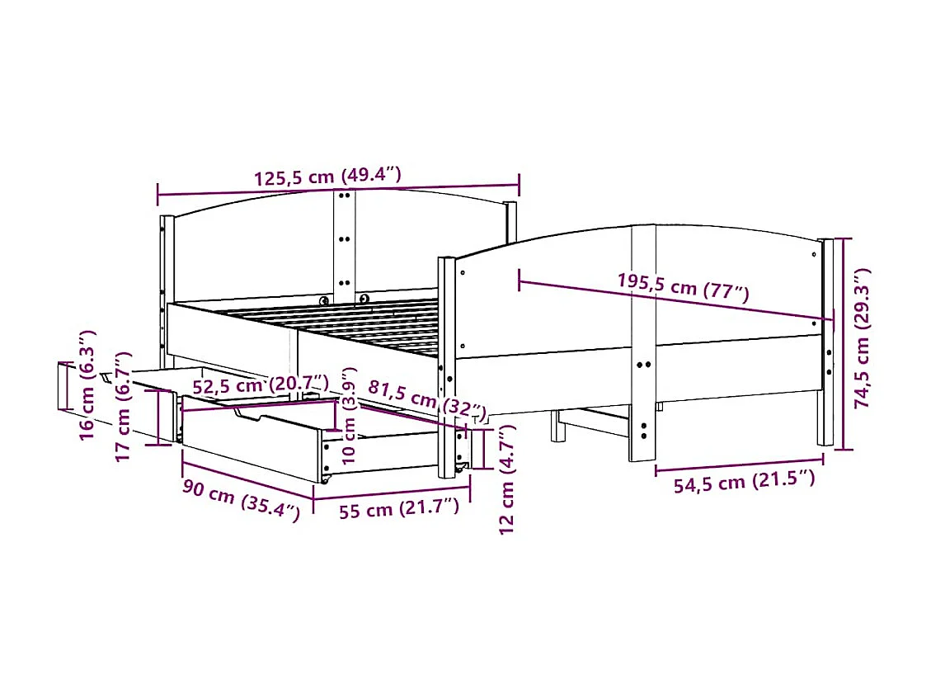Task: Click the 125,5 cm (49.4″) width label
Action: (327, 177)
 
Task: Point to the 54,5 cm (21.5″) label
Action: (744, 483)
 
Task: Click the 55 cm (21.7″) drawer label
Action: (398, 509)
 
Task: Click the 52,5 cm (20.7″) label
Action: (261, 384)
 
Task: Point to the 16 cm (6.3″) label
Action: (87, 384)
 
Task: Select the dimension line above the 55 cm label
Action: (392, 497)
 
